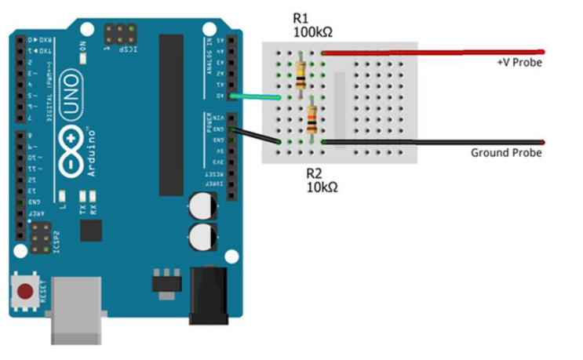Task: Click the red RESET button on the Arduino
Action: click(26, 292)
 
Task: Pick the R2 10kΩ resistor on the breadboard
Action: click(312, 120)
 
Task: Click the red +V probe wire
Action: click(432, 53)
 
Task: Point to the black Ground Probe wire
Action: click(432, 142)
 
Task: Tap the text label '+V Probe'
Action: click(519, 62)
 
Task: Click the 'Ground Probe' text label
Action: click(505, 153)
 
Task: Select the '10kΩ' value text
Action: click(324, 187)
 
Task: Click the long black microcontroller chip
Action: click(171, 115)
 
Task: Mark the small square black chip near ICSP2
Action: click(92, 230)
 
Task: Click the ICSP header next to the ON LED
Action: click(119, 33)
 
